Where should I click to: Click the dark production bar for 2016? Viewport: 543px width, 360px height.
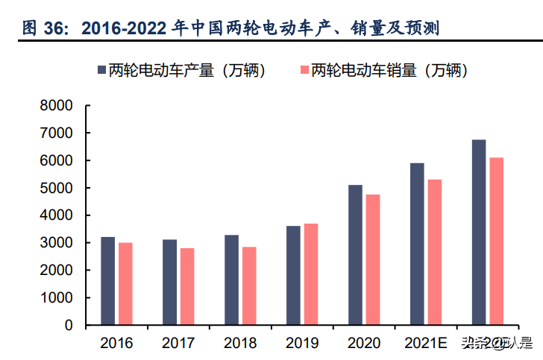pos(108,281)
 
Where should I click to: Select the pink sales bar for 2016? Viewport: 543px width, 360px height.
pos(125,284)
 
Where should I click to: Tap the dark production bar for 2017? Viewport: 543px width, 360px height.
pos(169,282)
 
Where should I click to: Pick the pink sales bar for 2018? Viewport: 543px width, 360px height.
pos(248,286)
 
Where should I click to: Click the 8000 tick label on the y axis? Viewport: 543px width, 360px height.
pos(57,106)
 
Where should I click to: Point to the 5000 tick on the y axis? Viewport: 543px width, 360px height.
pos(57,188)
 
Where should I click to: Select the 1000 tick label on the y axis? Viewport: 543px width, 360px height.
pos(57,298)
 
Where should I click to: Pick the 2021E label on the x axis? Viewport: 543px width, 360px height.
pos(424,344)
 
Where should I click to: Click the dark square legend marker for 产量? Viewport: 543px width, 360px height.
pos(101,70)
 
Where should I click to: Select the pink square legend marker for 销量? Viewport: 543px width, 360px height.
pos(304,70)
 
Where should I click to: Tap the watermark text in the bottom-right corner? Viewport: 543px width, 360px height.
pos(496,344)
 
